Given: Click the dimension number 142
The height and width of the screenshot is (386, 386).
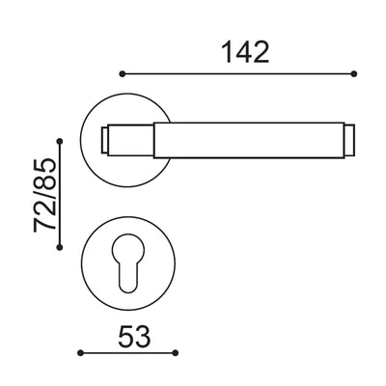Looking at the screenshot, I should pos(237,51).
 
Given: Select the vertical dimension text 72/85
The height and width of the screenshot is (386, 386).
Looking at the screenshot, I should pos(43,199).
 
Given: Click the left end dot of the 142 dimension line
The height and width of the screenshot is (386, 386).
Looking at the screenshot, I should pos(121,73).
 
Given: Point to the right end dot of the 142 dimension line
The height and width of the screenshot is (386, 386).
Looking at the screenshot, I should pos(355,73).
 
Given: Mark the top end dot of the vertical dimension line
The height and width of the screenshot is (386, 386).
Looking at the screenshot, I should pos(61,142).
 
